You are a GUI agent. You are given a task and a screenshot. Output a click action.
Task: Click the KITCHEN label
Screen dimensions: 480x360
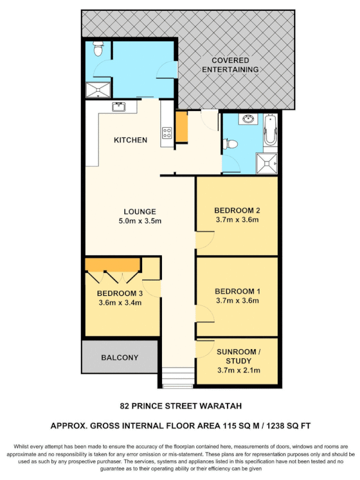pos(130,140)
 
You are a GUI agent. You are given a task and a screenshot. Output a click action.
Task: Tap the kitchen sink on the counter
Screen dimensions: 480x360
pos(118,107)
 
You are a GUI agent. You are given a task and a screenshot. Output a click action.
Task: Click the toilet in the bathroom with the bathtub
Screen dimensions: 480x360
pos(230,144)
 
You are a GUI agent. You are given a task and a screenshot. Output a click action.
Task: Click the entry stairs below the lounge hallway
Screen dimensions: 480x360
pos(178,378)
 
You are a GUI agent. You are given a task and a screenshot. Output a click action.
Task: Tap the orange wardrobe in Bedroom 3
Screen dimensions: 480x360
pos(113,264)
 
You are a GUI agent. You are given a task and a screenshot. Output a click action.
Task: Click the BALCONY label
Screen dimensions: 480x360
pos(119,358)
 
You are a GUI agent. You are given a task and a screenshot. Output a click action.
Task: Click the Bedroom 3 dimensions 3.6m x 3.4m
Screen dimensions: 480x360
pos(119,302)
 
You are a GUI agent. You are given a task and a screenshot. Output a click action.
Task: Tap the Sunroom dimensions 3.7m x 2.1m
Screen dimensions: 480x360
pos(238,371)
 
